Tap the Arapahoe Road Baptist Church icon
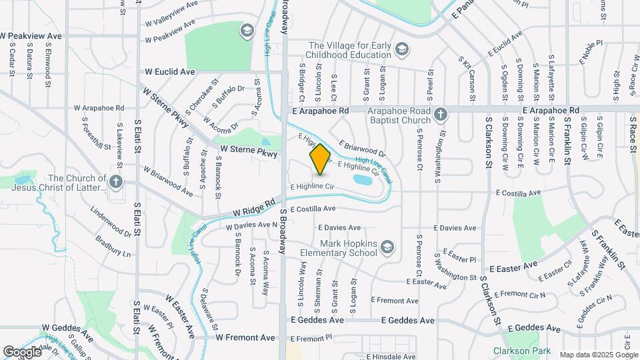[x=439, y=115]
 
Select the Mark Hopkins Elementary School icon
[x=387, y=249]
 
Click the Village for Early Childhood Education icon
[x=401, y=49]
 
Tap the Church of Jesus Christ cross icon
[x=117, y=182]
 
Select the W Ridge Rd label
[x=254, y=207]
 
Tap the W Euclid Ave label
[x=169, y=71]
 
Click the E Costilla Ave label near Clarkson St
[x=517, y=193]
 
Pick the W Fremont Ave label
[x=245, y=338]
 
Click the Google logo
[x=23, y=351]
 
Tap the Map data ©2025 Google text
[x=599, y=355]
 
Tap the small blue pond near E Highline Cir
[x=363, y=179]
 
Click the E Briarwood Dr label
[x=362, y=147]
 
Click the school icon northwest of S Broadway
[x=247, y=30]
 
